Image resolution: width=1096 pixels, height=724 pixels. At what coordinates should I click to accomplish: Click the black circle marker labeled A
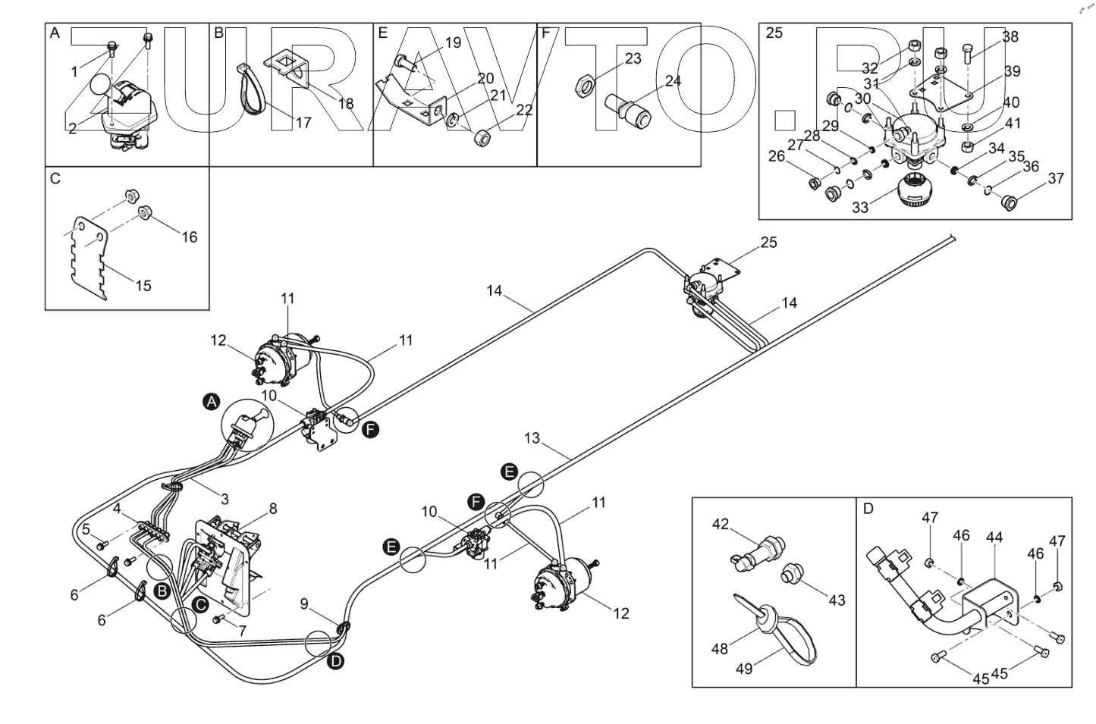pos(212,402)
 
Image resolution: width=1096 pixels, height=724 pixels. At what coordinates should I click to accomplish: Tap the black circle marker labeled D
pos(335,662)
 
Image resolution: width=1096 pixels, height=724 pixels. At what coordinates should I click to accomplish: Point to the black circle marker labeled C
pos(199,604)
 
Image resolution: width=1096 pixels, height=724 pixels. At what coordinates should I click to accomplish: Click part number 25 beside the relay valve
pos(768,243)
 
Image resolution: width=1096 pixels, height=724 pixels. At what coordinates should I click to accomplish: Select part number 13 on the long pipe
pos(532,438)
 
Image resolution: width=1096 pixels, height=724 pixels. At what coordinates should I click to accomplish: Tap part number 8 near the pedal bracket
pos(272,509)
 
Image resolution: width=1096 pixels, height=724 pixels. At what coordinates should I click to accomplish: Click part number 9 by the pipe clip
pos(304,603)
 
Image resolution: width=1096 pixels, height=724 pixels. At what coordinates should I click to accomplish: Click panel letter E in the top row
pos(382,33)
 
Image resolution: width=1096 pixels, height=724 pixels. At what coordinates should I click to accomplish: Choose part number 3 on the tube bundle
pos(225,499)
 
